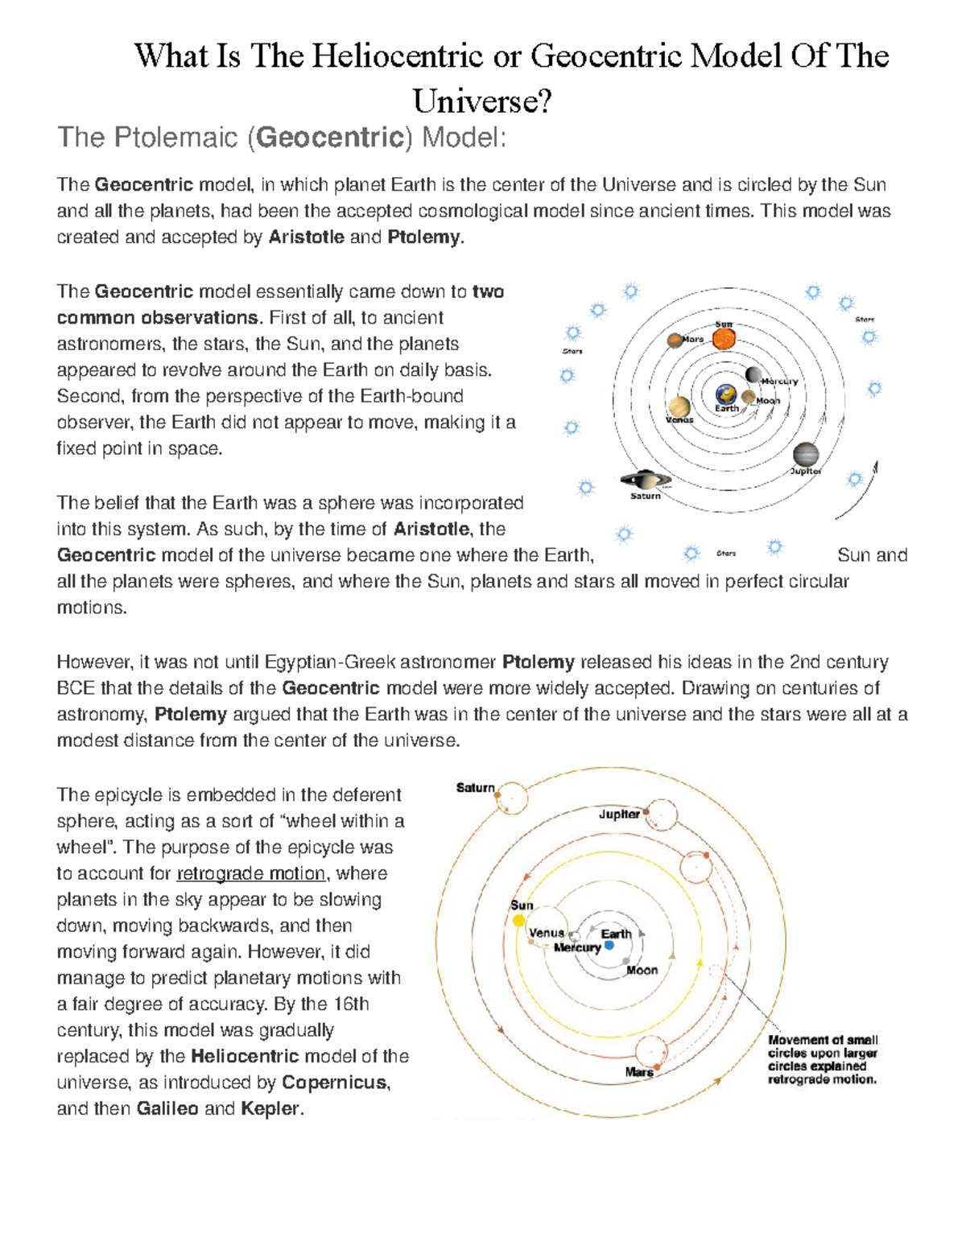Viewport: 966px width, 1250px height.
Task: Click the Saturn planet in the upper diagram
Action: (644, 481)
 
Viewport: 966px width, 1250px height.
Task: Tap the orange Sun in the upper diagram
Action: (724, 338)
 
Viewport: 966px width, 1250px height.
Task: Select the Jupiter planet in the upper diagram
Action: (805, 455)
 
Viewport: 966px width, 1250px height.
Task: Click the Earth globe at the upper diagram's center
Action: (726, 394)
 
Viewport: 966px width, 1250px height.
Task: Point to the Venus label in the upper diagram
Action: (679, 419)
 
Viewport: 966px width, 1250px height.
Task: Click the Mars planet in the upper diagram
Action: (675, 340)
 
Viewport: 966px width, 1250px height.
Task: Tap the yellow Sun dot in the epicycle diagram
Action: (519, 920)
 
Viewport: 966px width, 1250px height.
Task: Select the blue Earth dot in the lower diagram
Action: (609, 945)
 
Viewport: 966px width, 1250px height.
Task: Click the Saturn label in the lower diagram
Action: (475, 787)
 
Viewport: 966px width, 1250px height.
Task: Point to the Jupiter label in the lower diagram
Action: (618, 814)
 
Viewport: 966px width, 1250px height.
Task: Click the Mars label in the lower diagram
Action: (638, 1072)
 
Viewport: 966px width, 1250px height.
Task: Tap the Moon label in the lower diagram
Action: (642, 970)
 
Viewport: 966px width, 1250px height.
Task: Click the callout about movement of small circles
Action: (822, 1059)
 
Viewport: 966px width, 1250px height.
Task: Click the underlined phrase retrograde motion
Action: (250, 873)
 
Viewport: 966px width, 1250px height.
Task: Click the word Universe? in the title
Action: (482, 101)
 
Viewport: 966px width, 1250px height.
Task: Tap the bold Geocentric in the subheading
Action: (330, 138)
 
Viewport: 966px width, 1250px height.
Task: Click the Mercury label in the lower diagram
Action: (577, 947)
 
